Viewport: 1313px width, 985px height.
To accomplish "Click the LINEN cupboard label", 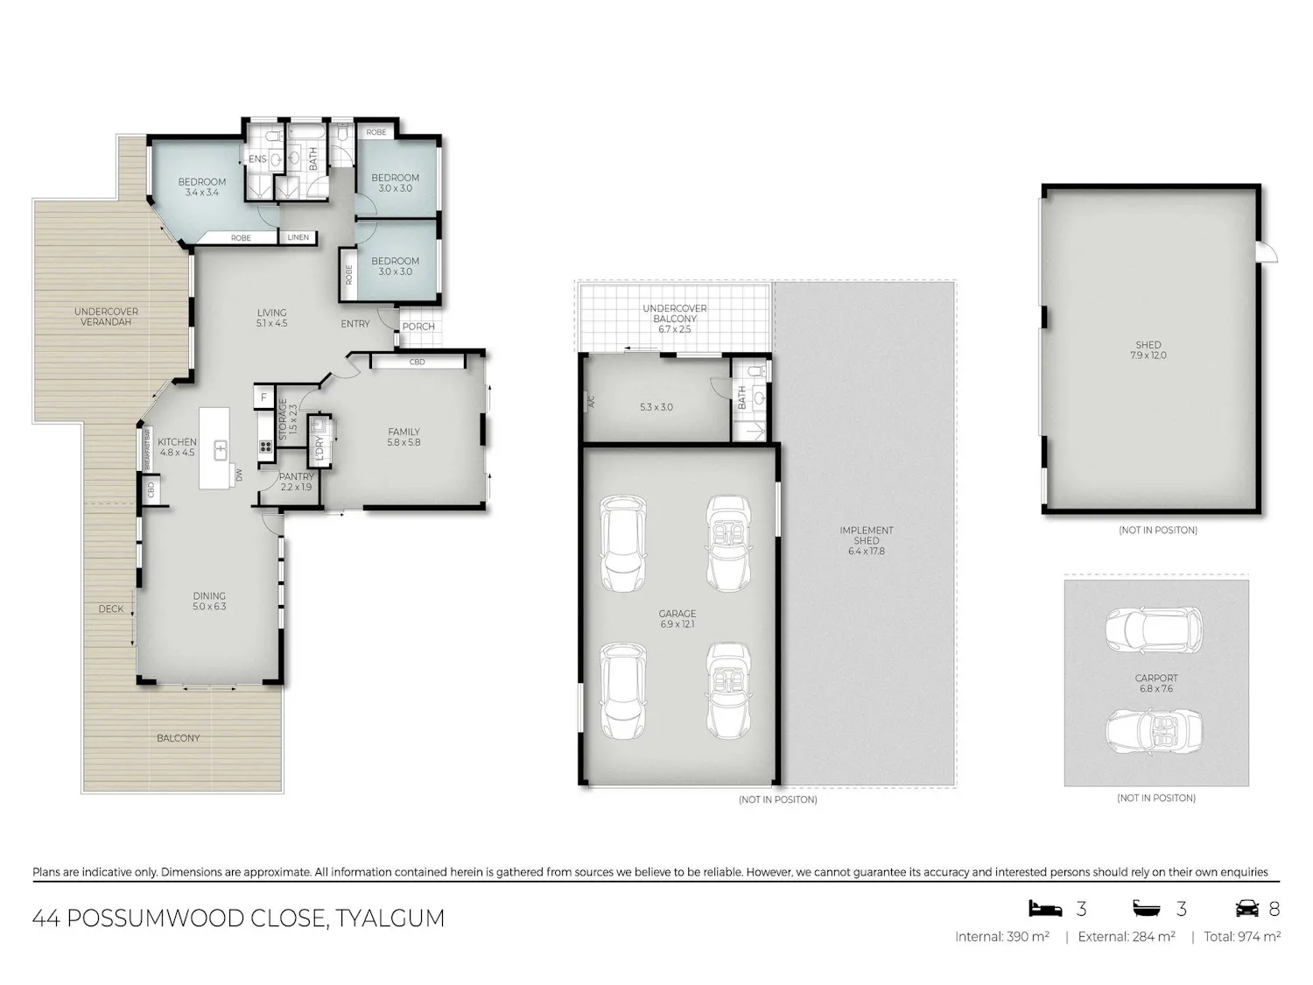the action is pyautogui.click(x=298, y=237).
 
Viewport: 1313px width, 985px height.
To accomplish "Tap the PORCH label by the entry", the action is pyautogui.click(x=418, y=327).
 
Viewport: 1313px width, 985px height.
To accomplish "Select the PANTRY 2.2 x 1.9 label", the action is pyautogui.click(x=296, y=482).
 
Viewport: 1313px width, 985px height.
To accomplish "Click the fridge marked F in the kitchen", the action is pyautogui.click(x=263, y=398).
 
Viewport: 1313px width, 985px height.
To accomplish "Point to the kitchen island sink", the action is pyautogui.click(x=221, y=450).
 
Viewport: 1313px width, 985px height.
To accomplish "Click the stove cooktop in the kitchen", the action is pyautogui.click(x=265, y=446).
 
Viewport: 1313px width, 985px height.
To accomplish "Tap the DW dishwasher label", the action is pyautogui.click(x=239, y=475).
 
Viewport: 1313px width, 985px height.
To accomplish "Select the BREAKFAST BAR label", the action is pyautogui.click(x=146, y=448).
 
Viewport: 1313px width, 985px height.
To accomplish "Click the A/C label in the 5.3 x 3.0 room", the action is pyautogui.click(x=591, y=401).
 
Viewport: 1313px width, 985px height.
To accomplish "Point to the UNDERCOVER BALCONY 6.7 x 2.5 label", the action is pyautogui.click(x=675, y=318).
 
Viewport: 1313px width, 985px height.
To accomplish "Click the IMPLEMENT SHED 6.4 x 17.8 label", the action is pyautogui.click(x=867, y=540).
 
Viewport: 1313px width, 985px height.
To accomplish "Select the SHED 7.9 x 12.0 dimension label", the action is pyautogui.click(x=1148, y=350).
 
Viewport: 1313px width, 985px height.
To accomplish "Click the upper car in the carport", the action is pyautogui.click(x=1154, y=630).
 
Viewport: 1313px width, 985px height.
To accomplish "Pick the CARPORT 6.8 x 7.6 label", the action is pyautogui.click(x=1156, y=683).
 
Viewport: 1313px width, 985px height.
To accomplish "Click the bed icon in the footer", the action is pyautogui.click(x=1045, y=909).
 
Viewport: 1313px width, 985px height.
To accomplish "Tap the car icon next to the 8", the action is pyautogui.click(x=1247, y=909).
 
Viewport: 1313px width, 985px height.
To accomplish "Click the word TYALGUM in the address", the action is pyautogui.click(x=390, y=918).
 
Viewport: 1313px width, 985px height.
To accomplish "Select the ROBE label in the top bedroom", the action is pyautogui.click(x=376, y=132).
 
